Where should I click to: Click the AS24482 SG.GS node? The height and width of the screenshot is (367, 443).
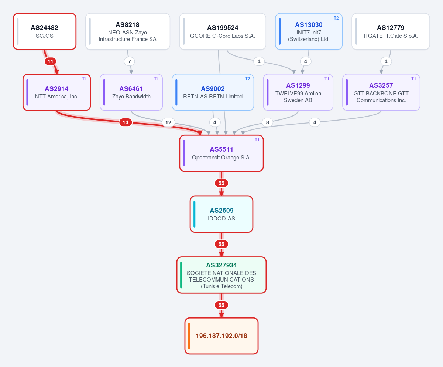coord(45,31)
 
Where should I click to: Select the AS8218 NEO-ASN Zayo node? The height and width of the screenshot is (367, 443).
coord(127,31)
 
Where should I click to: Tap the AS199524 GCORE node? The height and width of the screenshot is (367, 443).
coord(223,31)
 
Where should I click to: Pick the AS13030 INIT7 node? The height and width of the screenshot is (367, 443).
coord(309,31)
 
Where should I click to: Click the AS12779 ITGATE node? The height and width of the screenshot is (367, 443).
coord(391,31)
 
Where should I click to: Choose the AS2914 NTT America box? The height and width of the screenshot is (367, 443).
coord(56,92)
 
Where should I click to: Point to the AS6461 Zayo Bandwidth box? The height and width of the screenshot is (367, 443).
coord(131,92)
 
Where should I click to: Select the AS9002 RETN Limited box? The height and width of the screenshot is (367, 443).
coord(213,92)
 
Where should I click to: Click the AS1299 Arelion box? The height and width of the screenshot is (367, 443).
coord(298,92)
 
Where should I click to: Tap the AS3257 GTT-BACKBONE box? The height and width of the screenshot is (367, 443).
coord(381,92)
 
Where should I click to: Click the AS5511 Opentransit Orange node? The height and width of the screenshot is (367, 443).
coord(221,153)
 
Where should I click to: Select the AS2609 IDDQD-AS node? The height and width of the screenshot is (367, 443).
coord(221,214)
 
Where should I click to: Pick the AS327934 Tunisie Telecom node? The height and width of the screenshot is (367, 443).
coord(221,275)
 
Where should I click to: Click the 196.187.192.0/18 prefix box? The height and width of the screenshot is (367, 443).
coord(221,336)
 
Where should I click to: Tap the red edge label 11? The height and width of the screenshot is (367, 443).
coord(50,61)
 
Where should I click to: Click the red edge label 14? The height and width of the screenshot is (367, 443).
coord(126,122)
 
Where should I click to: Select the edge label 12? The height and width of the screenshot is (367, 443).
coord(168,122)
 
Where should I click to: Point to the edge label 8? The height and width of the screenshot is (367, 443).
coord(267,122)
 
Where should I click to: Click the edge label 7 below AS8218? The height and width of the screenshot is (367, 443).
coord(130,61)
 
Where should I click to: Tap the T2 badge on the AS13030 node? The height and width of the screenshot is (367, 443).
coord(336,18)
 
